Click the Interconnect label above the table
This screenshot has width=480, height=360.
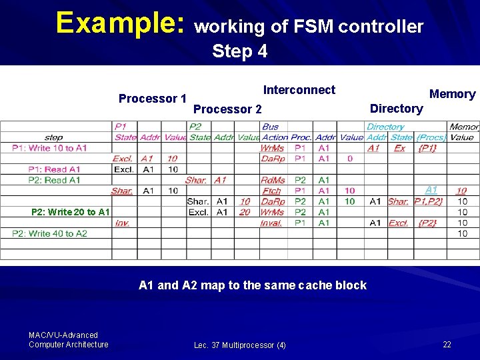(299, 90)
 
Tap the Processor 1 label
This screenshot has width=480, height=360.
(152, 99)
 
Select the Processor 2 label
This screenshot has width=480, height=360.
(227, 109)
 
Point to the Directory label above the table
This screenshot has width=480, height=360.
(396, 109)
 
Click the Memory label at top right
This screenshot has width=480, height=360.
(452, 94)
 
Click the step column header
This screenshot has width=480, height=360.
(54, 137)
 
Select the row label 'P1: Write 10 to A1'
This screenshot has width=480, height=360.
(49, 148)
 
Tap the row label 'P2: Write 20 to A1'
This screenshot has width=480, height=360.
(71, 212)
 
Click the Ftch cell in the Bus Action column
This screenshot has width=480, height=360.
(272, 191)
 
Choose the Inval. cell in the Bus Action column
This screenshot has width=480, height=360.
(271, 223)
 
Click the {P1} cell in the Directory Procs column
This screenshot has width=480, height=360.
(427, 148)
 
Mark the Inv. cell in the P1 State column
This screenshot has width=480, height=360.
(122, 223)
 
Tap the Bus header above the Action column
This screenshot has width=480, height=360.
(271, 127)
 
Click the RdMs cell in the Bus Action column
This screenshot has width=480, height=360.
(272, 180)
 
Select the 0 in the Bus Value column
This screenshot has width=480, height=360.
(350, 159)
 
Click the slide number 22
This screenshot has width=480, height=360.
(447, 344)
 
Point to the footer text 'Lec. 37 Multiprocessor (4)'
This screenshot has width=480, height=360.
(240, 345)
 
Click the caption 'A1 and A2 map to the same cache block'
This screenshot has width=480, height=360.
(253, 285)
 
